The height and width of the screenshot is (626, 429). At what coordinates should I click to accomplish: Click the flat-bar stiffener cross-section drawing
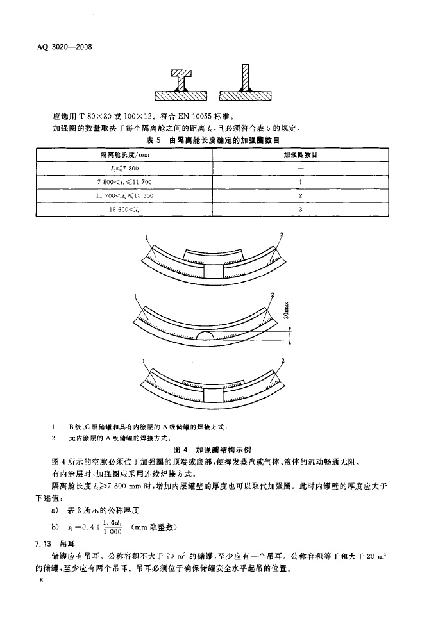point(244,85)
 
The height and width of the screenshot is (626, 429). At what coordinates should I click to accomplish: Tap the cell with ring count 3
point(300,209)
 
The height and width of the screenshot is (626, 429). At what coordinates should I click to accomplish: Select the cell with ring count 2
point(300,195)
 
